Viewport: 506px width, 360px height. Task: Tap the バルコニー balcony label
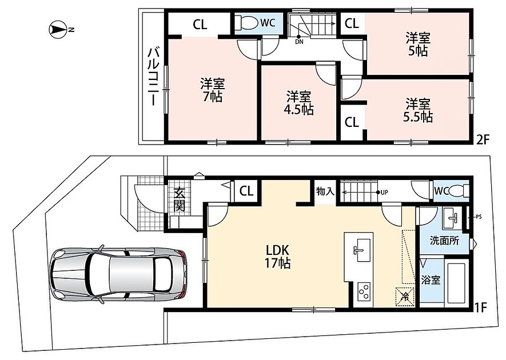point(153,77)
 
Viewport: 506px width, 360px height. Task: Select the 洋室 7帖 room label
point(212,90)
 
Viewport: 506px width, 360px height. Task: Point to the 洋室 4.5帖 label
point(299,103)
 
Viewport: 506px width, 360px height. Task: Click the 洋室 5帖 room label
point(418,45)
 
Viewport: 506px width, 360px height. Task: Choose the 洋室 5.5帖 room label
point(418,110)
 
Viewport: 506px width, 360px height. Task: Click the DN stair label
point(299,42)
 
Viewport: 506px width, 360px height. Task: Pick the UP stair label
point(384,193)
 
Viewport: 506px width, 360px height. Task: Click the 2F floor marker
point(483,139)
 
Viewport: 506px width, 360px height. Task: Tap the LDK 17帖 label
point(277,257)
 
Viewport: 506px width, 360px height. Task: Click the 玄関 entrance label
point(180,199)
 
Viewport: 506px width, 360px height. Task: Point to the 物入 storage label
point(325,191)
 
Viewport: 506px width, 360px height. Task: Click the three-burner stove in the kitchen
point(365,293)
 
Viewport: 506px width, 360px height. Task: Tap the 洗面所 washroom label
point(444,241)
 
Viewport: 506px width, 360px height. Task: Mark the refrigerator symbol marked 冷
point(404,295)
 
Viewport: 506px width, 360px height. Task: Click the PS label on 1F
point(479,217)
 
